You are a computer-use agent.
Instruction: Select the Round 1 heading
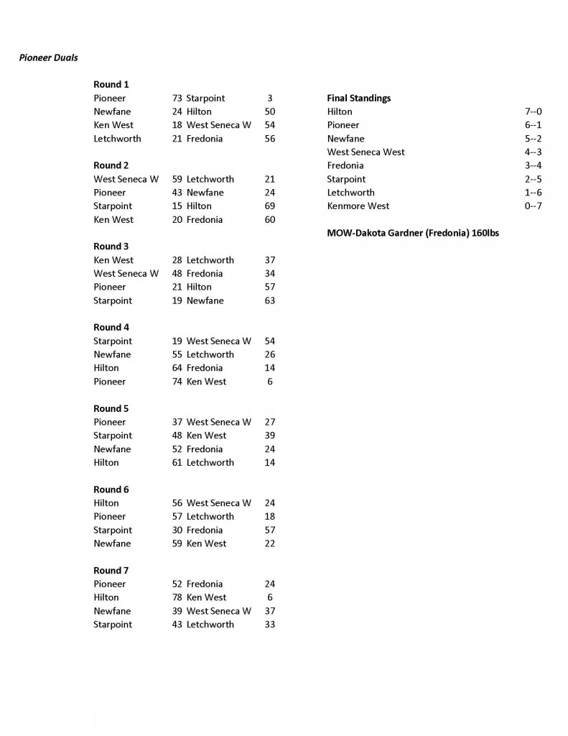111,84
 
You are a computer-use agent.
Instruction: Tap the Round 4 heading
111,327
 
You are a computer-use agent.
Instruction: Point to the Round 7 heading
111,570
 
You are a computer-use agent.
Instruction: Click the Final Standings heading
358,98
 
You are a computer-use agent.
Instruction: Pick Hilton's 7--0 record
533,111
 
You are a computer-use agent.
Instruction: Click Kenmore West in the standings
358,206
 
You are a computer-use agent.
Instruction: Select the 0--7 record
533,206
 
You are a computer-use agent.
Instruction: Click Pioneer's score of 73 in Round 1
177,98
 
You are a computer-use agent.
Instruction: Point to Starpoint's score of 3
269,98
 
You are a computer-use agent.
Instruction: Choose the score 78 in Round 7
177,597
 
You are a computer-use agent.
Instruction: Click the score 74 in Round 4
177,382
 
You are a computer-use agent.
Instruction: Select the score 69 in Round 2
269,206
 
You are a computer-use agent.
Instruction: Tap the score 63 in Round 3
269,300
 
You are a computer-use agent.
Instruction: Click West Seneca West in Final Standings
366,152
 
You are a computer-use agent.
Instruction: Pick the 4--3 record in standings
533,152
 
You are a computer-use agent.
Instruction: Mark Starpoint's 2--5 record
533,179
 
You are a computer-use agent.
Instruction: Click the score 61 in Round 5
177,462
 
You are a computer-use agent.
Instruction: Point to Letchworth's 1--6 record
533,193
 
